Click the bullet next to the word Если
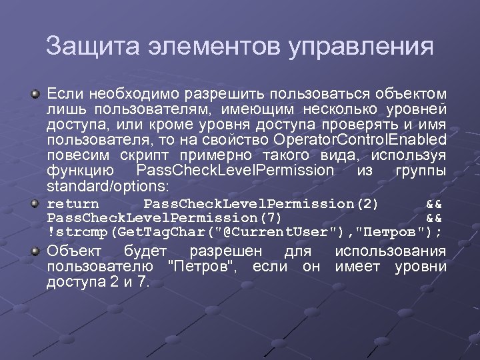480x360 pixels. [36, 94]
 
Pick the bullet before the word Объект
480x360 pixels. [36, 251]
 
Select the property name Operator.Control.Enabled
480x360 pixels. [360, 139]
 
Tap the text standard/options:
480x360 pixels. [109, 185]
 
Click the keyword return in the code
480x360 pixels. [73, 203]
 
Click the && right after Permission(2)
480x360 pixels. [433, 203]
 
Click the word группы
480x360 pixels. [421, 170]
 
